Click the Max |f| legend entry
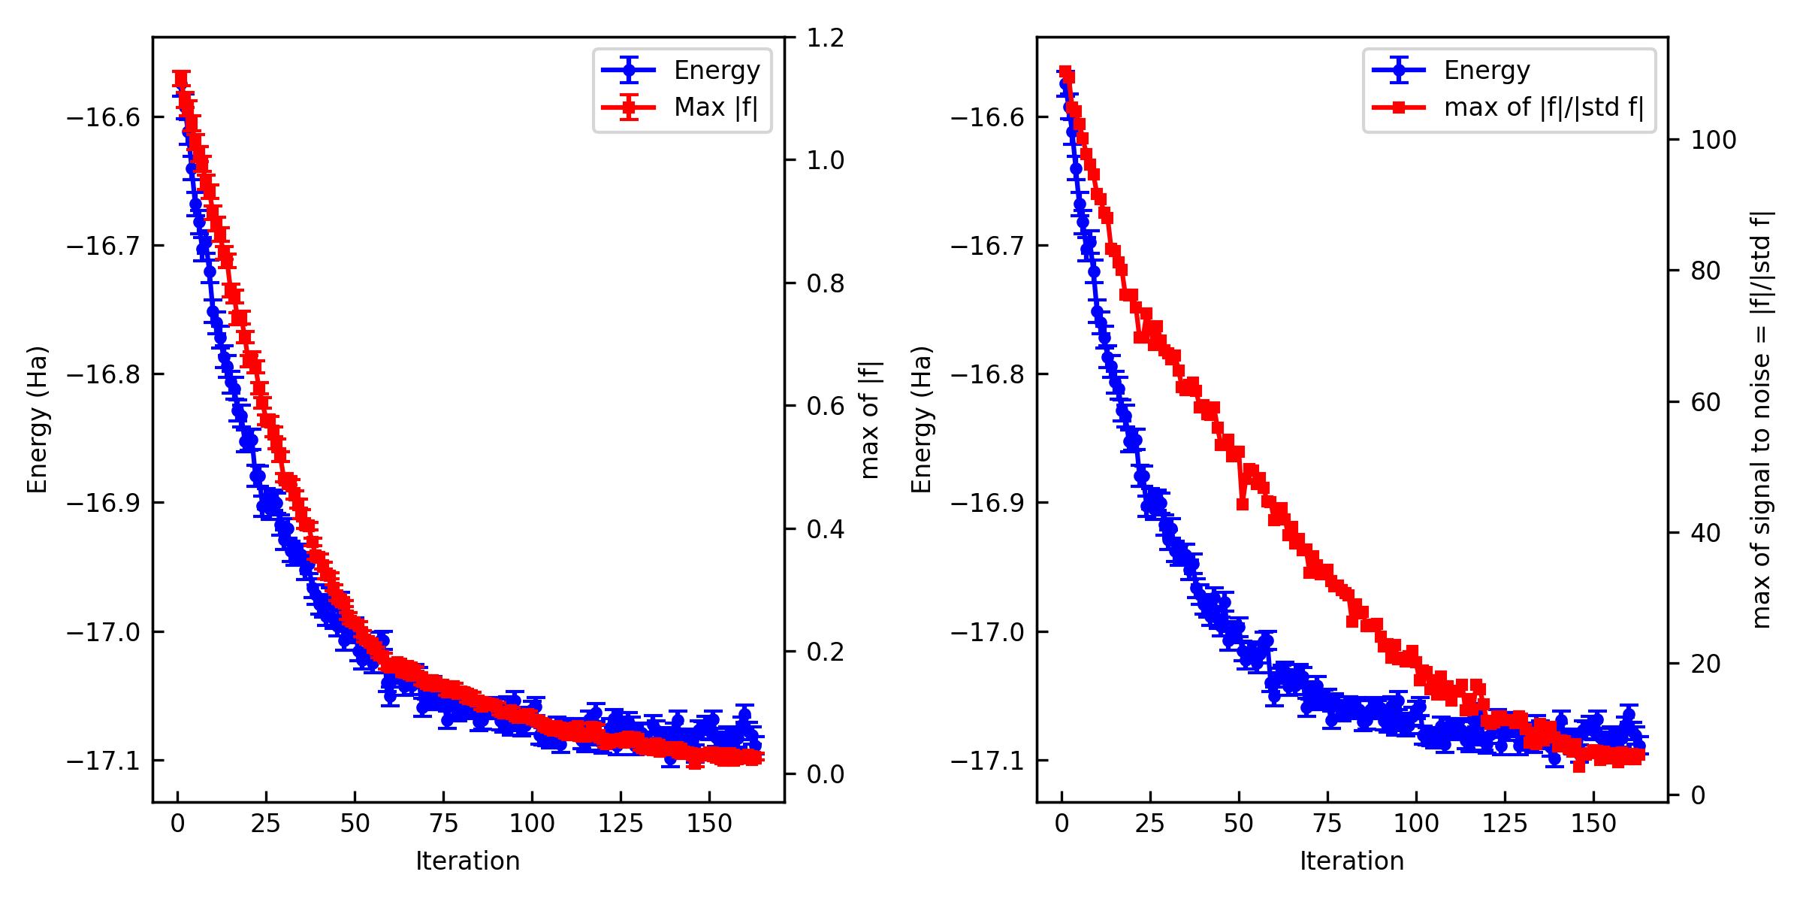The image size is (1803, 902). tap(715, 108)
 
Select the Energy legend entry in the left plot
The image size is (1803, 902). tap(716, 71)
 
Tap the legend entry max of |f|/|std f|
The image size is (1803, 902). tap(1543, 108)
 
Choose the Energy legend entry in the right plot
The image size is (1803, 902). tap(1486, 71)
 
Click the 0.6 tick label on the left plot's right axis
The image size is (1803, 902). tap(825, 406)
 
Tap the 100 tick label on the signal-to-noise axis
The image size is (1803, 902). tap(1713, 141)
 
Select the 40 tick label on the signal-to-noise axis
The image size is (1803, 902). tap(1706, 533)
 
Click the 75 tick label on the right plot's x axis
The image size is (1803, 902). tap(1327, 825)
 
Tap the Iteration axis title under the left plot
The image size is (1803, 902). tap(467, 861)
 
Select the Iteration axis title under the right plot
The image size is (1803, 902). tap(1351, 861)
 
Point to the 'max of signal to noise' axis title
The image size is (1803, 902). tap(1762, 419)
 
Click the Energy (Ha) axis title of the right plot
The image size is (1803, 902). tap(921, 419)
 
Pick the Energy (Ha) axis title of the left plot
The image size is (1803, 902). tap(37, 419)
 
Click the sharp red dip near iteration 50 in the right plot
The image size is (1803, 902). tap(1242, 504)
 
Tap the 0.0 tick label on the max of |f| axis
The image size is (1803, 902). tap(825, 774)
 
